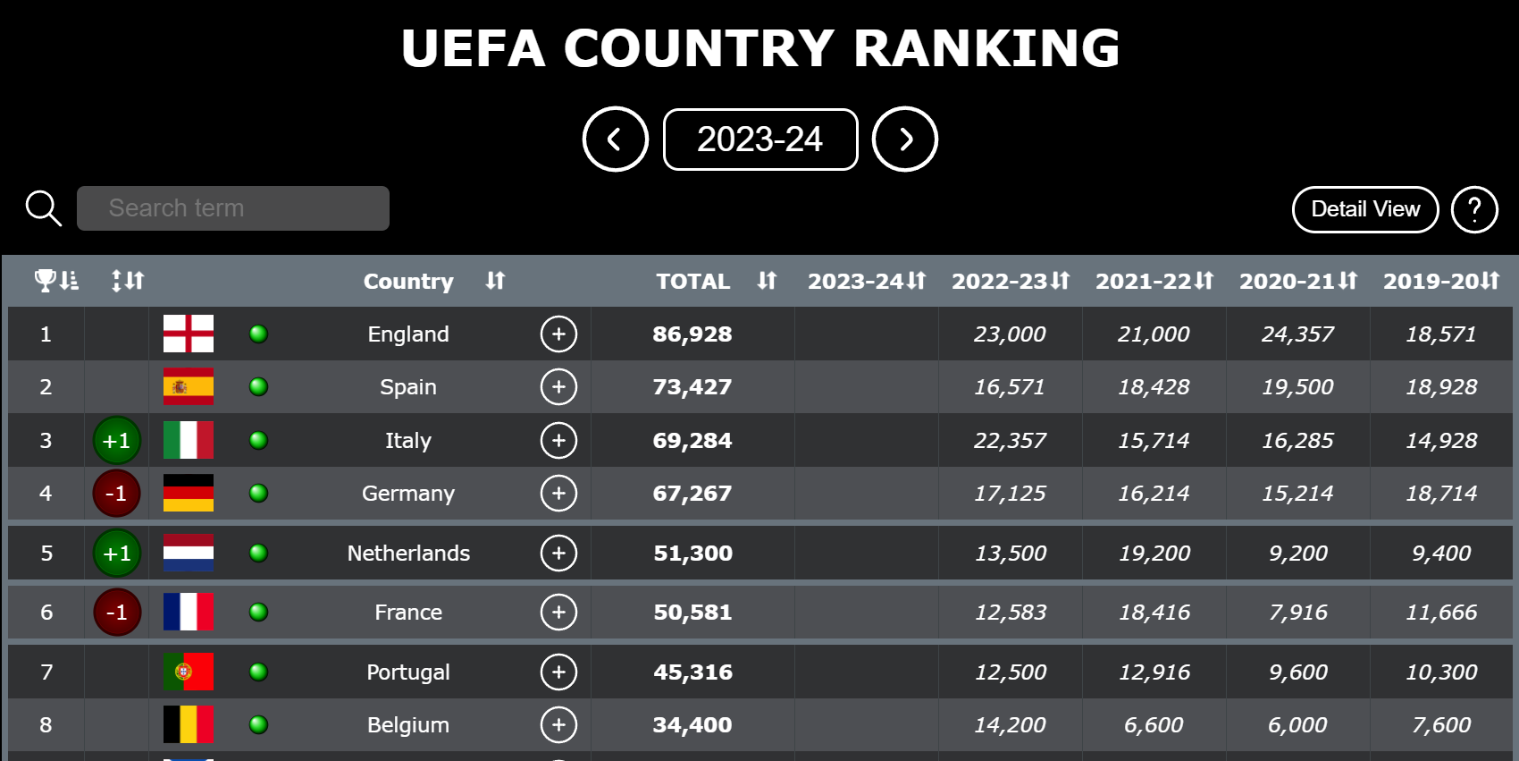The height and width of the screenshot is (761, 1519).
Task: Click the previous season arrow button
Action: coord(615,140)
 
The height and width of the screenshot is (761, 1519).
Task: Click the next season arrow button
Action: coord(904,140)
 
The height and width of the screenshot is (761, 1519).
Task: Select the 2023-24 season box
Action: coord(759,140)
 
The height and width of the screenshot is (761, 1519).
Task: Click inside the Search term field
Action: coord(232,208)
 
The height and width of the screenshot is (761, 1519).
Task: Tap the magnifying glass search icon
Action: coord(43,208)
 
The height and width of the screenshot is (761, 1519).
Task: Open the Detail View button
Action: coord(1364,209)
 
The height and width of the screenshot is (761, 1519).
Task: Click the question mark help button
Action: coord(1474,209)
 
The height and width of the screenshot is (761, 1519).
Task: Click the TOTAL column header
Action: coord(693,282)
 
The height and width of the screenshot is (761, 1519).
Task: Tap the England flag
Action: coord(189,334)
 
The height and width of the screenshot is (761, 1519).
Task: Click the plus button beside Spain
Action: coord(558,387)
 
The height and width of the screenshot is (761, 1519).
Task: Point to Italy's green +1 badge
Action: coord(117,440)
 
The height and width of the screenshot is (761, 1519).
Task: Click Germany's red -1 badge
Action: coord(117,493)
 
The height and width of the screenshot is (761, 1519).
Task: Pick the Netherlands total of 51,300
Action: coord(692,554)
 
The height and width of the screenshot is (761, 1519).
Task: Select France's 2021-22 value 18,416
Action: coord(1154,613)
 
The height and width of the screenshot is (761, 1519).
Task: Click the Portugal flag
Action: coord(189,672)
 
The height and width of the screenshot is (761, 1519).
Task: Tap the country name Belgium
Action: coord(408,725)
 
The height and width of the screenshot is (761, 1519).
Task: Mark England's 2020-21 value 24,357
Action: coord(1297,334)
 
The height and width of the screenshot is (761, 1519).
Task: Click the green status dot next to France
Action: coord(259,613)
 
